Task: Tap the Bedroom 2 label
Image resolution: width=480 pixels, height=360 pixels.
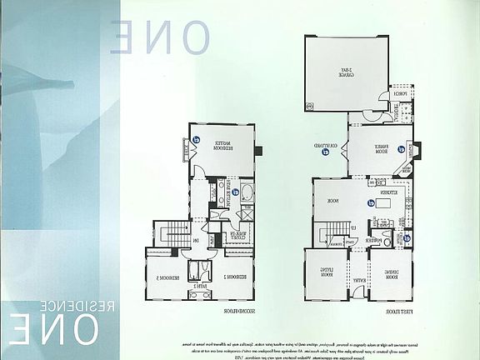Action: [x=227, y=276]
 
